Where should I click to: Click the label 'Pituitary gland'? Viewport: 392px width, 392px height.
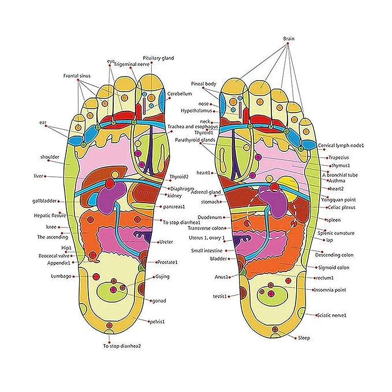coord(158,58)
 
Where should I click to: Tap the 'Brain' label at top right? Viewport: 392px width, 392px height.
coord(289,39)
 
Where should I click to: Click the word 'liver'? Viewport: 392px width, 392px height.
coord(38,176)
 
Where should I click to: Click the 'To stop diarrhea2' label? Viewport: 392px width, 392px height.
coord(122,346)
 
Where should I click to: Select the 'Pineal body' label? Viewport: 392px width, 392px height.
coord(203,84)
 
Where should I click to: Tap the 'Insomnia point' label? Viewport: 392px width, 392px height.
coord(330,290)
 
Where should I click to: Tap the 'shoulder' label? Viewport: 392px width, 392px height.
coord(50,157)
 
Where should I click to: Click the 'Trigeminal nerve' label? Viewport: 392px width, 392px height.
coord(130,65)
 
